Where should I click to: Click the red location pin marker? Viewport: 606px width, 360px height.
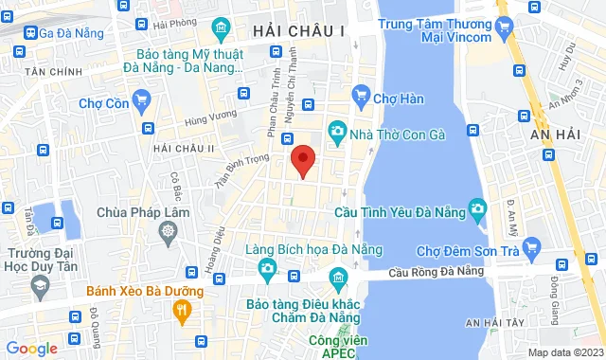(302, 160)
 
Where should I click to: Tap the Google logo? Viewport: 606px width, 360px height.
(31, 348)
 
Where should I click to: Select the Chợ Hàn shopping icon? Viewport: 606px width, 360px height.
(360, 94)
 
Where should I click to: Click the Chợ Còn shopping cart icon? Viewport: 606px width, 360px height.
(142, 98)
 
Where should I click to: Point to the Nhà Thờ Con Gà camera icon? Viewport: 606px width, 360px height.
(336, 131)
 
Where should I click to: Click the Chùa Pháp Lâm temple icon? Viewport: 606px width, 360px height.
(168, 230)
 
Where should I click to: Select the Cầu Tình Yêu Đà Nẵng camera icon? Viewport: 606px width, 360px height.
(478, 207)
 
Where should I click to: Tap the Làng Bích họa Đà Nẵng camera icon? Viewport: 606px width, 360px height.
(268, 270)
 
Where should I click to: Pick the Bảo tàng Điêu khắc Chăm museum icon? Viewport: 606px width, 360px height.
(336, 277)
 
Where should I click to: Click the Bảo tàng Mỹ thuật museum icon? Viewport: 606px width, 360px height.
(223, 27)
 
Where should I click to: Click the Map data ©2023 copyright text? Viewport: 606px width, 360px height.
(563, 352)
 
